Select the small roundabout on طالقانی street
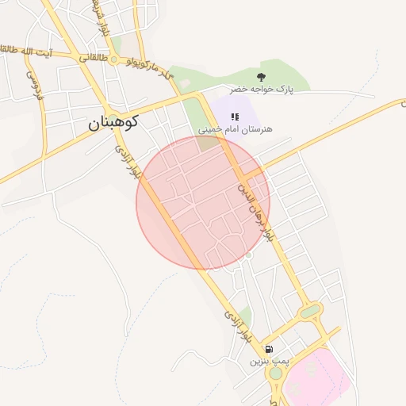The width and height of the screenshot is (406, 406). tap(115, 59)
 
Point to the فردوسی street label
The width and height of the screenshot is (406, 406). tap(34, 84)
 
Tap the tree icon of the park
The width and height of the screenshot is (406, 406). tap(262, 77)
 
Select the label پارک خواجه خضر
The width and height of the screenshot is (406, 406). tap(262, 90)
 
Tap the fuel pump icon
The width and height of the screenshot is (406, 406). tap(270, 349)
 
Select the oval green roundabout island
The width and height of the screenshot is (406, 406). tap(310, 311)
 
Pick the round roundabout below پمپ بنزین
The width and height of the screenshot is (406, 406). tap(275, 373)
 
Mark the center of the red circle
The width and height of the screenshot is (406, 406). tap(203, 203)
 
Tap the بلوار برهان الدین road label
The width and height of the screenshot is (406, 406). tap(260, 210)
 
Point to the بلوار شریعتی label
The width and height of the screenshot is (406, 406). tap(101, 20)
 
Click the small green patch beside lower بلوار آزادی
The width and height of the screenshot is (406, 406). tap(245, 316)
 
